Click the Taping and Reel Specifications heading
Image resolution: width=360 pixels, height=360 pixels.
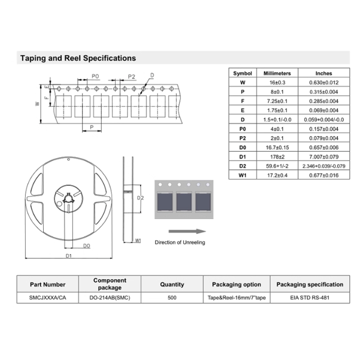pos(78,58)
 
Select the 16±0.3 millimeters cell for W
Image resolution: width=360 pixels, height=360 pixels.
pos(277,83)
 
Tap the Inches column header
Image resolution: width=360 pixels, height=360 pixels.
pos(324,73)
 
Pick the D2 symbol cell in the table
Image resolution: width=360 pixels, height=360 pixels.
pos(242,166)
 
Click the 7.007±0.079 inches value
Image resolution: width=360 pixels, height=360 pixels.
pos(324,157)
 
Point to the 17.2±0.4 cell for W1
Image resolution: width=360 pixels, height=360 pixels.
pos(277,175)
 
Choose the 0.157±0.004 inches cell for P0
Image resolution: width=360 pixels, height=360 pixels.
pos(324,129)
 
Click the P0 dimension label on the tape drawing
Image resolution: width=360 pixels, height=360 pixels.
pos(95,76)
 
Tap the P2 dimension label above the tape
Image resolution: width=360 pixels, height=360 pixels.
pos(132,77)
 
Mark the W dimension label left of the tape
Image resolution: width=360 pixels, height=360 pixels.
pos(37,104)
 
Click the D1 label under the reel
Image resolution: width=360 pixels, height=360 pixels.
pos(69,256)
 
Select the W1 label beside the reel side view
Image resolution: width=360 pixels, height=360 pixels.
pos(138,240)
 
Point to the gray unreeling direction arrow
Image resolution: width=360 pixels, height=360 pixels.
pos(187,231)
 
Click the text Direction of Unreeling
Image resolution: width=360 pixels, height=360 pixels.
pos(180,242)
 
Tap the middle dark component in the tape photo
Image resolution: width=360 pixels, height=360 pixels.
pos(184,202)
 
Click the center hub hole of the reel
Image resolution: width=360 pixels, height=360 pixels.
pos(69,199)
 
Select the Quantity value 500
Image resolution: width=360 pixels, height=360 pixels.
pos(172,298)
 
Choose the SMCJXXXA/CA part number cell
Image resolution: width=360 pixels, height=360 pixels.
pos(47,298)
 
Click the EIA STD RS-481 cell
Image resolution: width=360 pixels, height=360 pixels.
pos(310,298)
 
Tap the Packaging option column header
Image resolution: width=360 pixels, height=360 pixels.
pos(236,284)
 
